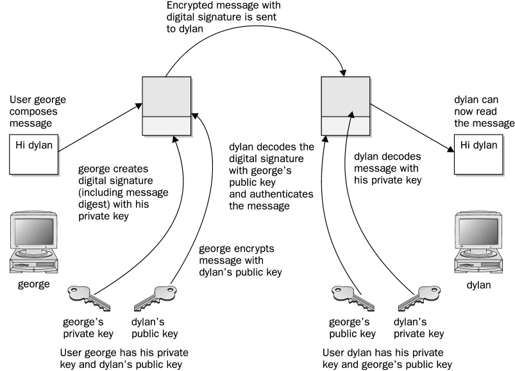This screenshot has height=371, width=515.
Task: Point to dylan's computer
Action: pyautogui.click(x=480, y=241)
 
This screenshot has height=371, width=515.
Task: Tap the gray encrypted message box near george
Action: pyautogui.click(x=166, y=105)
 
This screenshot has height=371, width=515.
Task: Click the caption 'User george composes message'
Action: pyautogui.click(x=38, y=111)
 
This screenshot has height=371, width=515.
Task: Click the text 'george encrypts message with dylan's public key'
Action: pyautogui.click(x=241, y=260)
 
